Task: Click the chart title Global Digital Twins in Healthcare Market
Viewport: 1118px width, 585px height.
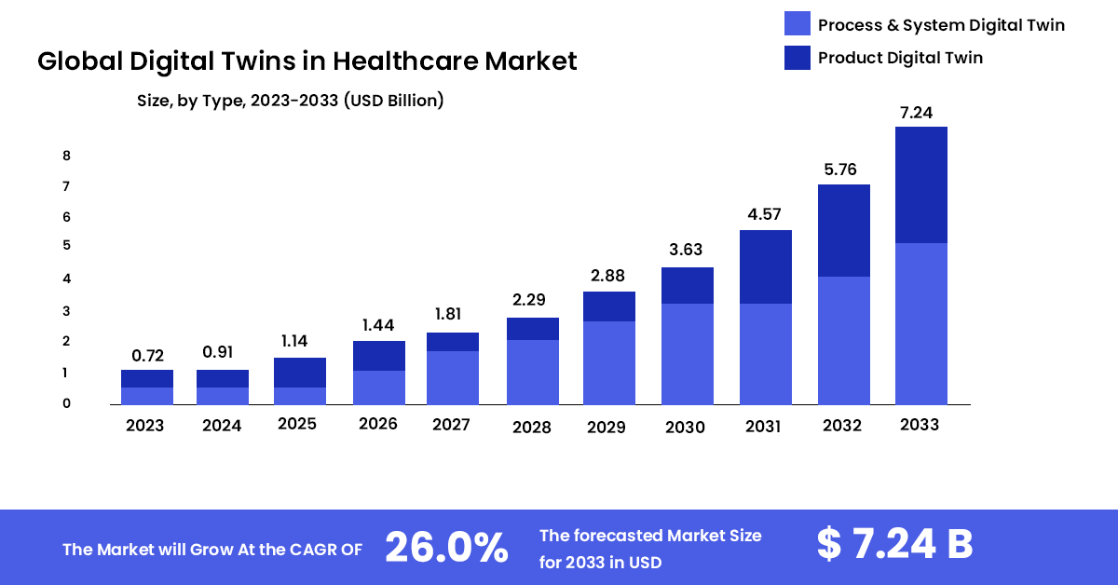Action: tap(307, 61)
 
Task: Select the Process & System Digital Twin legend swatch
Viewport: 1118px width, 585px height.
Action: tap(798, 24)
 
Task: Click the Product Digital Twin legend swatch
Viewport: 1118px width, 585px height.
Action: tap(798, 58)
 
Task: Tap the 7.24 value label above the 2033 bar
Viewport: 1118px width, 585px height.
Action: tap(920, 113)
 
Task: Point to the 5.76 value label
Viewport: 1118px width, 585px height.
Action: tap(844, 170)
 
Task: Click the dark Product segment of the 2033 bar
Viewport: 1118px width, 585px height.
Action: tap(920, 184)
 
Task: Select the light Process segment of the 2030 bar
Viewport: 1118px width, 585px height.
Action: tap(687, 353)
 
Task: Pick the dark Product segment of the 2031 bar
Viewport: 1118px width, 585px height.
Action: tap(765, 266)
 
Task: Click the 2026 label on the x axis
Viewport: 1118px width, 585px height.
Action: tap(377, 424)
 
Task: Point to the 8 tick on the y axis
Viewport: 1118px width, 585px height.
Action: tap(67, 156)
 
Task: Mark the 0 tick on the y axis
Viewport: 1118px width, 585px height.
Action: tap(67, 403)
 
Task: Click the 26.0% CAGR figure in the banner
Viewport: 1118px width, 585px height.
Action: tap(446, 548)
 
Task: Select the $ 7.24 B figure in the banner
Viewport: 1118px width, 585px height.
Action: tap(894, 545)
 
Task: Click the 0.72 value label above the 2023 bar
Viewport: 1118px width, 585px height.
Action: tap(147, 355)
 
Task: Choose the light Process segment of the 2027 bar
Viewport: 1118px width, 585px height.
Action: tap(453, 377)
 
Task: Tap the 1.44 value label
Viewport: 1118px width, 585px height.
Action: tap(378, 325)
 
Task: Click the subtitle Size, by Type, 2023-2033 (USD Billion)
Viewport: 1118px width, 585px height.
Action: tap(290, 101)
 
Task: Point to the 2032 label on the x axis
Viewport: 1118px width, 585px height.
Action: tap(843, 425)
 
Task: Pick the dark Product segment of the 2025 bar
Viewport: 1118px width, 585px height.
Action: tap(300, 373)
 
